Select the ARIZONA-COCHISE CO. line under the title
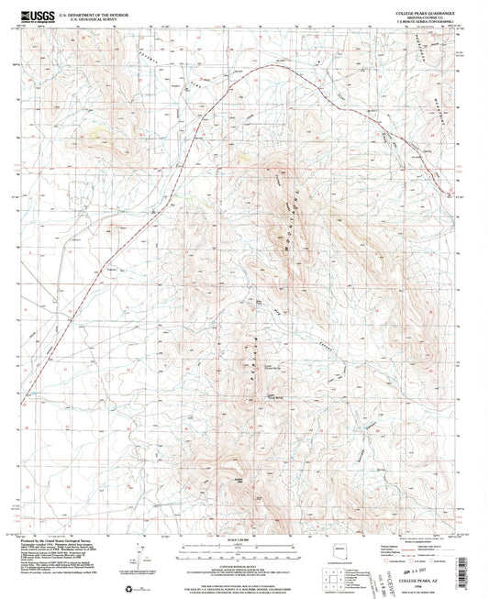tap(431, 17)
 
